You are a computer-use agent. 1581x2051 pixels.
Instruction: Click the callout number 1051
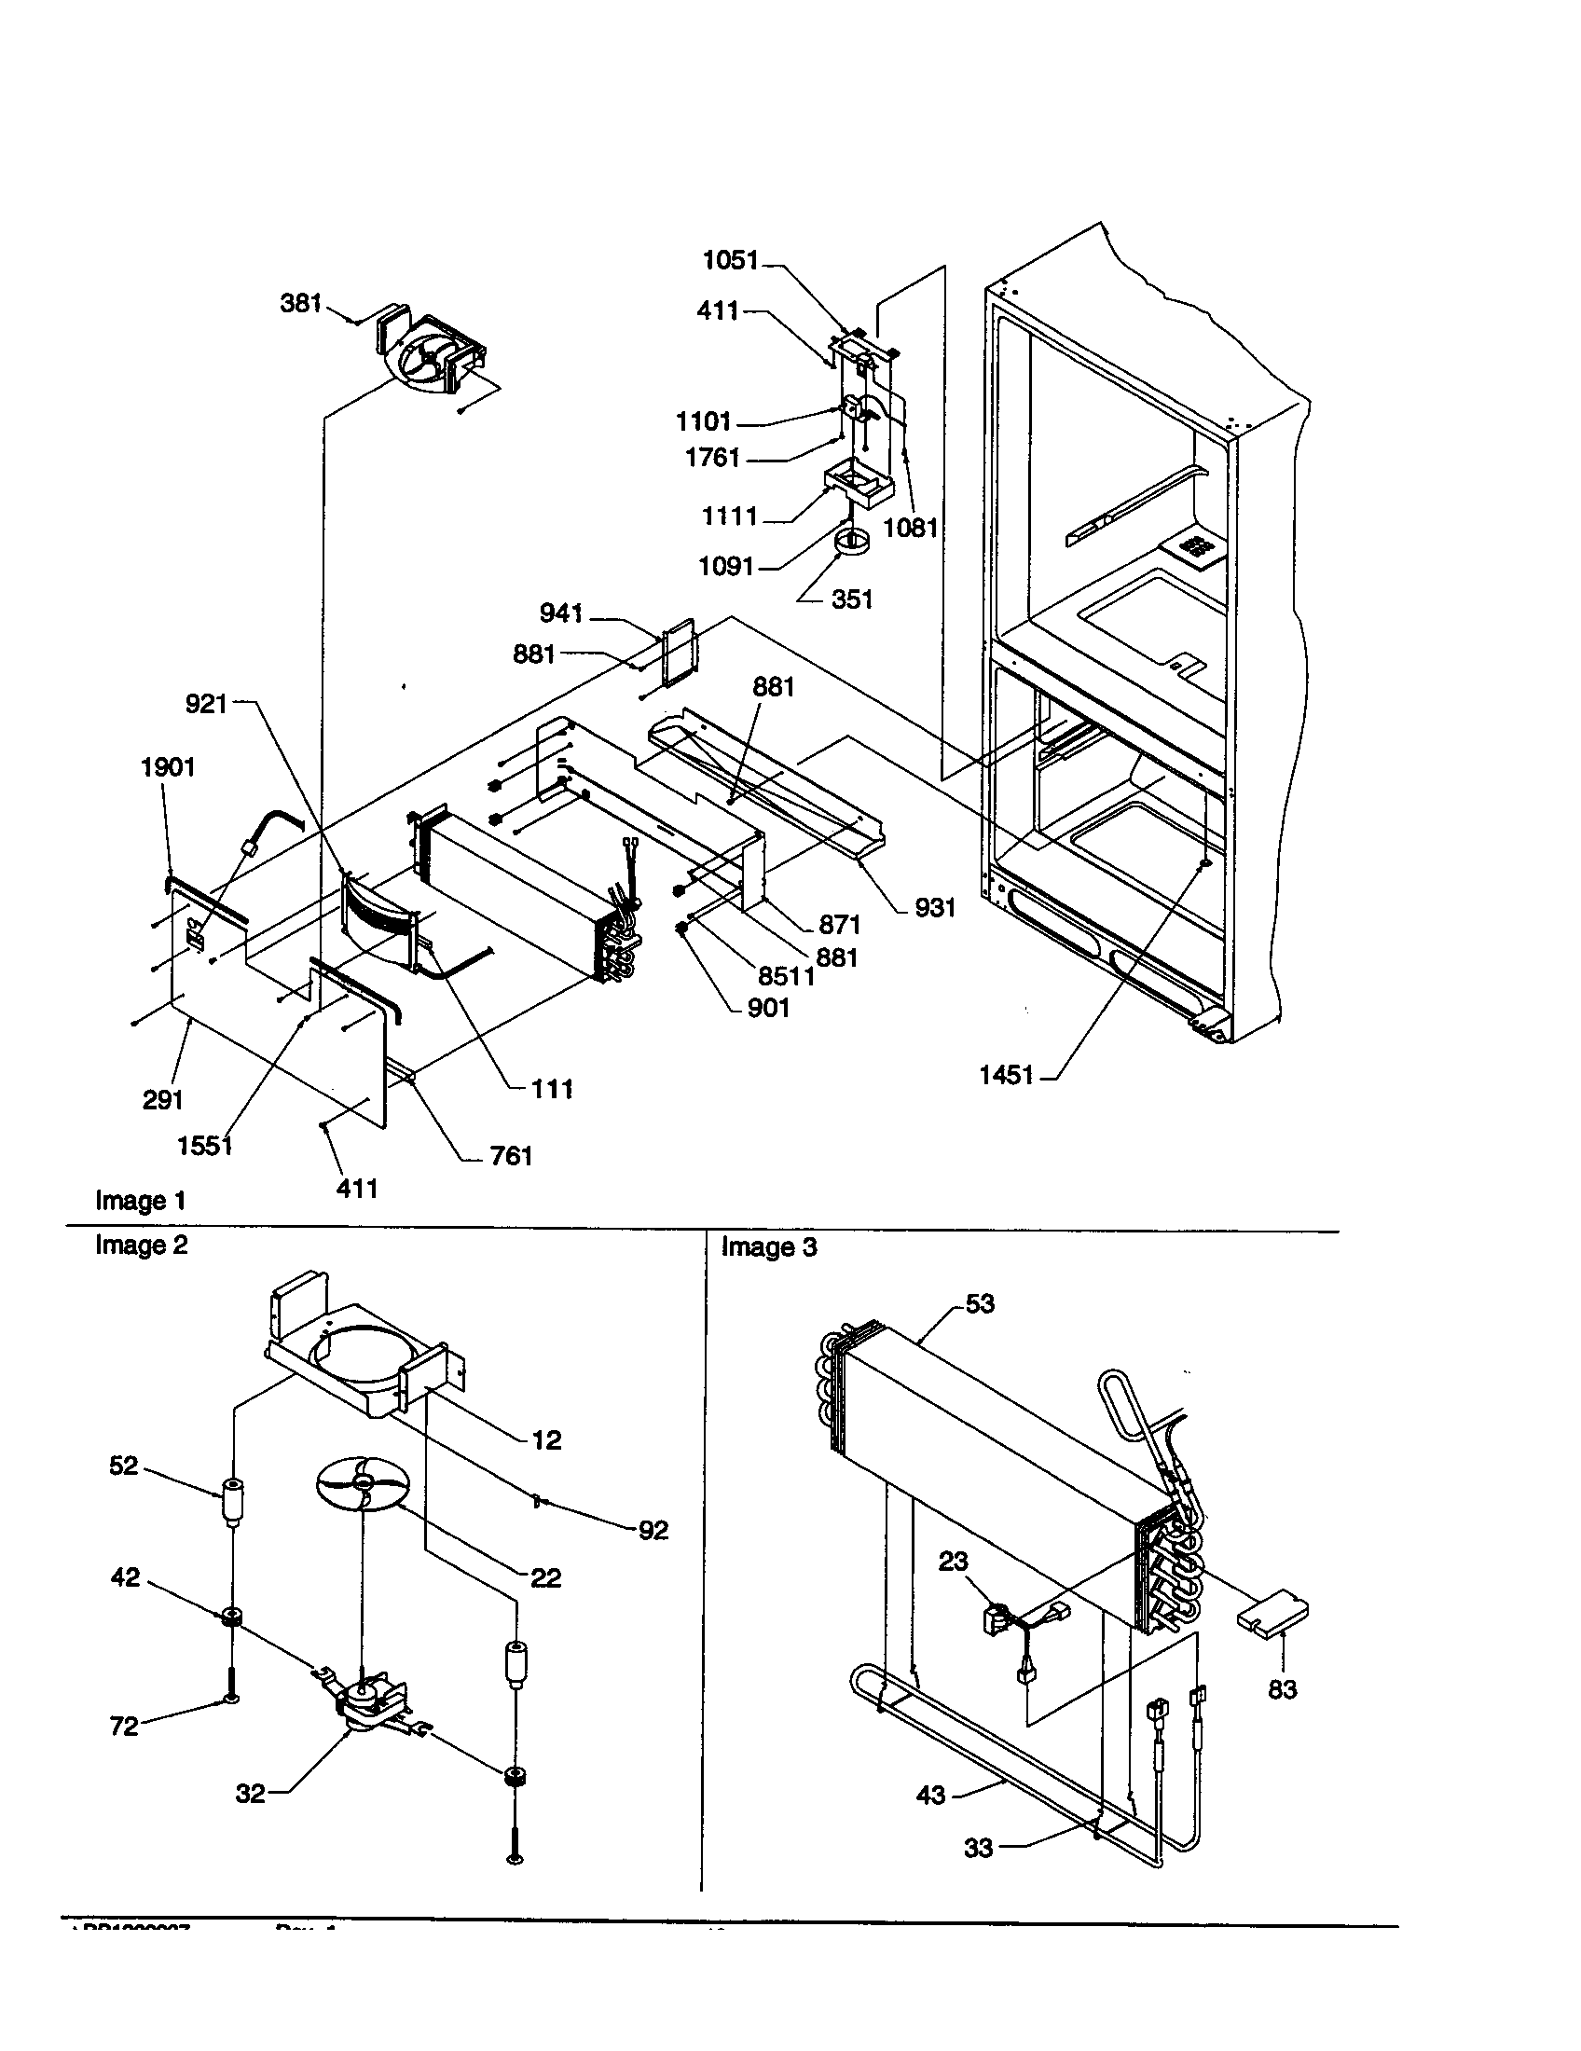coord(731,260)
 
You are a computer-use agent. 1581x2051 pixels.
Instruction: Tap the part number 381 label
coord(300,303)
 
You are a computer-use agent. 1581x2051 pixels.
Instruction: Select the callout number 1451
coord(1006,1075)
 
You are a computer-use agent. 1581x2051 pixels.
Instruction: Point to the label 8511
coord(786,976)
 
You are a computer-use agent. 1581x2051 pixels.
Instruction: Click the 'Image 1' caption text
coord(140,1200)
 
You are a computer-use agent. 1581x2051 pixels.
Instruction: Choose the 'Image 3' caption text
coord(768,1247)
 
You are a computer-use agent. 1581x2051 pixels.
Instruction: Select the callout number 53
coord(979,1303)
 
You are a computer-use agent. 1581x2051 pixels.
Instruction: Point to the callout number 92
coord(653,1530)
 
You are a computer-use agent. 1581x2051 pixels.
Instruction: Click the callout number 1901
coord(168,767)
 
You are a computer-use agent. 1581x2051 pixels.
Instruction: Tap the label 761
coord(511,1156)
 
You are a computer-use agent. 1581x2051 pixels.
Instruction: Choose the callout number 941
coord(561,613)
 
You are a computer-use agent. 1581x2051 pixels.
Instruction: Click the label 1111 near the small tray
coord(730,516)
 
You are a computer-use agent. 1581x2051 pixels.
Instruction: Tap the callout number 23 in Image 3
coord(953,1561)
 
